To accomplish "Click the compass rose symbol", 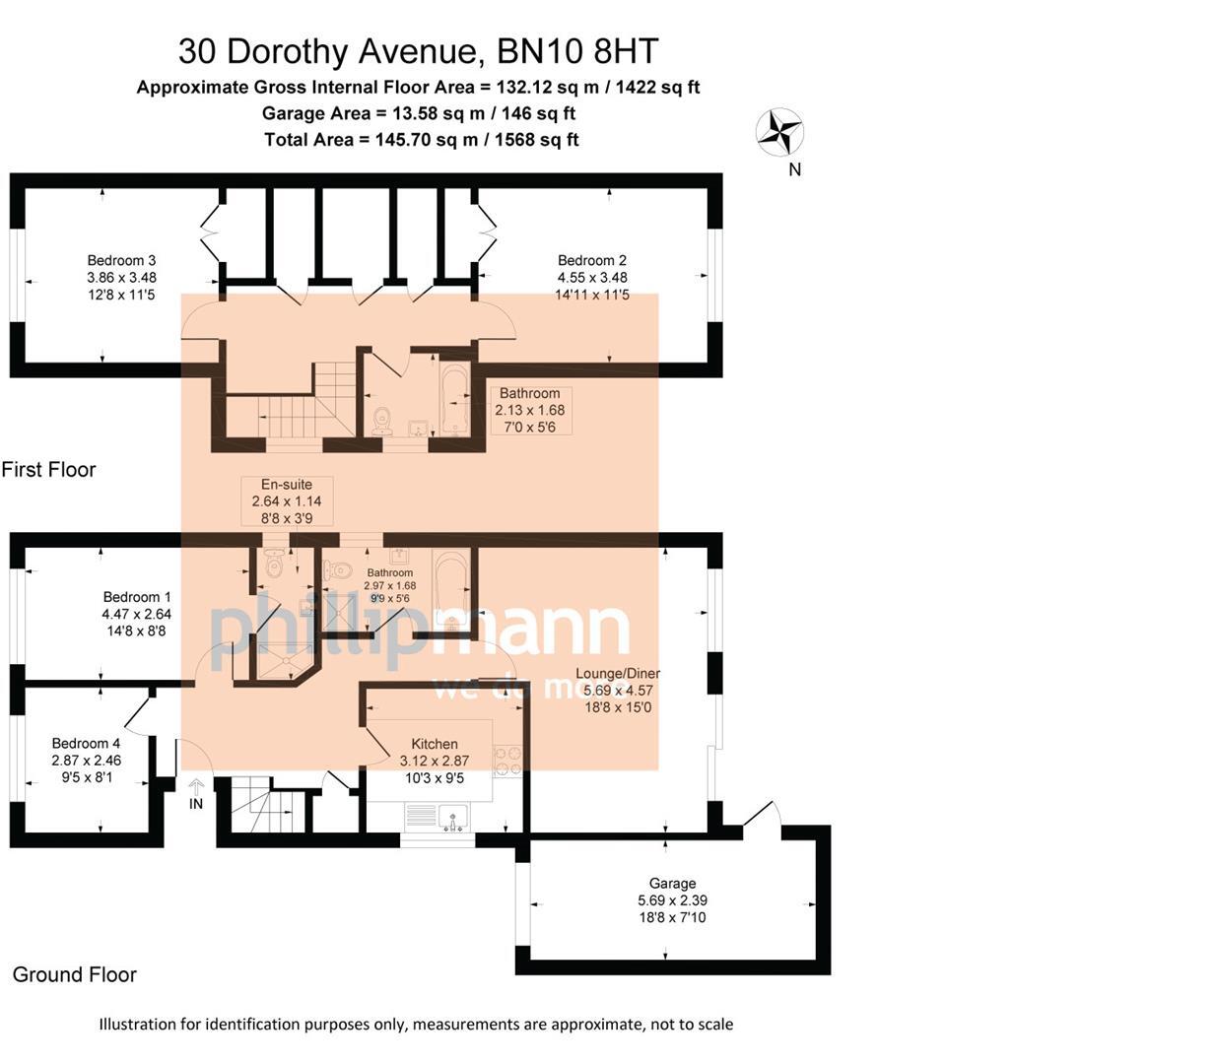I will pyautogui.click(x=779, y=132).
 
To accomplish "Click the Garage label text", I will pyautogui.click(x=672, y=884).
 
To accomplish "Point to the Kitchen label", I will pyautogui.click(x=434, y=745).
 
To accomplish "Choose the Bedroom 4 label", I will pyautogui.click(x=86, y=743).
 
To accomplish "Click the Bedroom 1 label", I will pyautogui.click(x=137, y=597).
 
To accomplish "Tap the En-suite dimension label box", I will pyautogui.click(x=287, y=500).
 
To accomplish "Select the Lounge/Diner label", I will pyautogui.click(x=618, y=674).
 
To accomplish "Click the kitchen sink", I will pyautogui.click(x=454, y=818).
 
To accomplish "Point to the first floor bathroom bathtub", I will pyautogui.click(x=454, y=400).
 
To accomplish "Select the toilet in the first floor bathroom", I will pyautogui.click(x=382, y=422).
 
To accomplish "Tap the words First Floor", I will pyautogui.click(x=48, y=470).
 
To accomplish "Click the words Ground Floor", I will pyautogui.click(x=74, y=974).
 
